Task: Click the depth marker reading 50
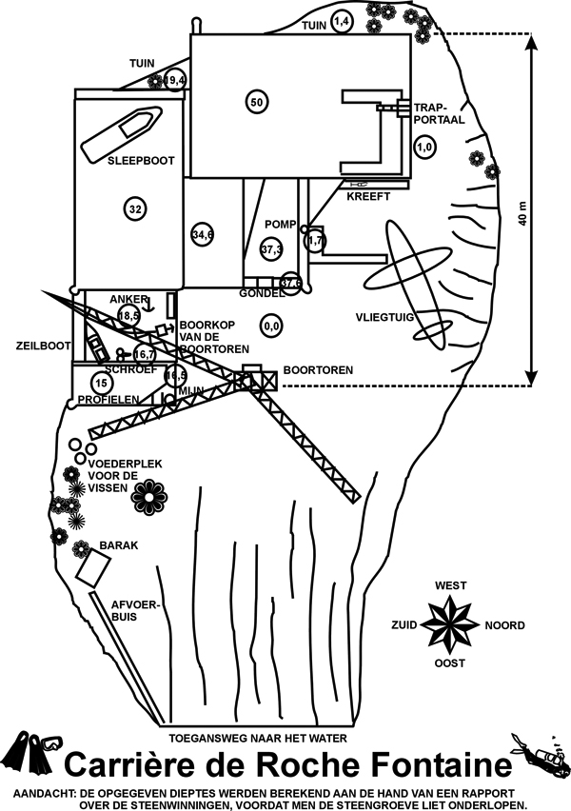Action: coord(255,102)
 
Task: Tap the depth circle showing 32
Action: coord(135,209)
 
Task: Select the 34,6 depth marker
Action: coord(202,234)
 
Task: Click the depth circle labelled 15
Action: coord(102,383)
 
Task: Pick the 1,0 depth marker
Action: coord(425,148)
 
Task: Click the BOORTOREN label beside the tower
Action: coord(318,369)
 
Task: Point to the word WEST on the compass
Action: coord(451,585)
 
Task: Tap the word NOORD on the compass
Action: coord(504,625)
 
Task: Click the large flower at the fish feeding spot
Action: coord(150,493)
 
